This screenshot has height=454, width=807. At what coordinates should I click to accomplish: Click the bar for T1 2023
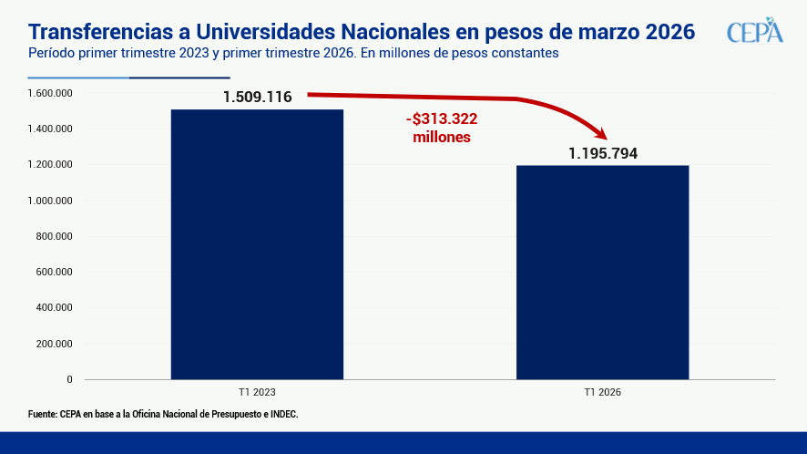tap(257, 244)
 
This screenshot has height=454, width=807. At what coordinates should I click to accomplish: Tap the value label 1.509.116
tap(257, 97)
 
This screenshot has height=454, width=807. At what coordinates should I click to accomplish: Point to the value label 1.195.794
tap(602, 153)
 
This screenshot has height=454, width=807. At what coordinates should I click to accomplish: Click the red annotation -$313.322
tap(442, 119)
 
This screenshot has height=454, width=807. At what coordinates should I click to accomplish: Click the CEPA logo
tap(754, 30)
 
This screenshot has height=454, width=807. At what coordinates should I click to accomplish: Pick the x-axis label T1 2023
tap(257, 392)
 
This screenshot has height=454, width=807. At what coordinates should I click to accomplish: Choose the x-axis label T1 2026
tap(602, 392)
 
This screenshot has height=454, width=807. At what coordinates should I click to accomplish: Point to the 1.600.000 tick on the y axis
tap(50, 93)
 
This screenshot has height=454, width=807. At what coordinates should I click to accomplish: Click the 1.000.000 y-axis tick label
tap(50, 201)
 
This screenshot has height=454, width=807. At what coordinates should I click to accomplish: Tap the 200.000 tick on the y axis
tap(53, 344)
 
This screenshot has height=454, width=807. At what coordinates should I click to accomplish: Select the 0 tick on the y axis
tap(69, 379)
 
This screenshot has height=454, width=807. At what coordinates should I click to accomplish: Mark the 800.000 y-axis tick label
tap(53, 236)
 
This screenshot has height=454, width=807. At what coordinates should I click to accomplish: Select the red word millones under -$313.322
tap(442, 137)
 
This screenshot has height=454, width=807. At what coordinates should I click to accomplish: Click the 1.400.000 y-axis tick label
tap(50, 129)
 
